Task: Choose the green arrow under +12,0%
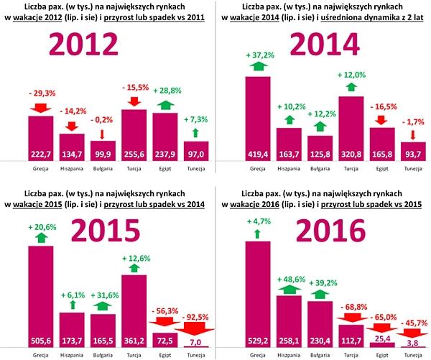(x=350, y=87)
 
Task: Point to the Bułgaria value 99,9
(x=103, y=153)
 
